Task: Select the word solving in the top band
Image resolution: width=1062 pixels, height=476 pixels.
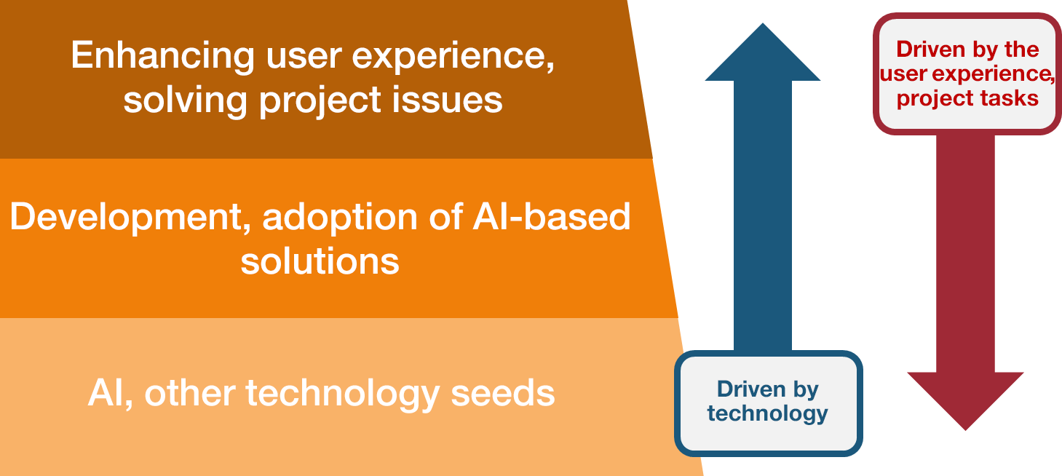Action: pos(186,100)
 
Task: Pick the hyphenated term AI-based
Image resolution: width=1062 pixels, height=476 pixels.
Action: pos(552,216)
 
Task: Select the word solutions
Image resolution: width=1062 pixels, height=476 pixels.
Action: pos(320,261)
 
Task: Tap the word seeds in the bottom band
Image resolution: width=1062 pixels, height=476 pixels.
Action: pos(502,393)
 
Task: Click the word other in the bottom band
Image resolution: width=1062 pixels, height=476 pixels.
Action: pos(190,393)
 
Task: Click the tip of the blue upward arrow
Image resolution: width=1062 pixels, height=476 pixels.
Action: pos(762,23)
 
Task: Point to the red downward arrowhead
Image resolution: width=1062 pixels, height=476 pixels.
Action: pos(965,401)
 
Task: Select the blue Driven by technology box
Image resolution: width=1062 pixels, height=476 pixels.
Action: pos(768,403)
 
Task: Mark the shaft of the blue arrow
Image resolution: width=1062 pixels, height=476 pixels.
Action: pos(762,215)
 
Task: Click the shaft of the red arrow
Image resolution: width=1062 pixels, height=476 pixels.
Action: pos(965,253)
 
